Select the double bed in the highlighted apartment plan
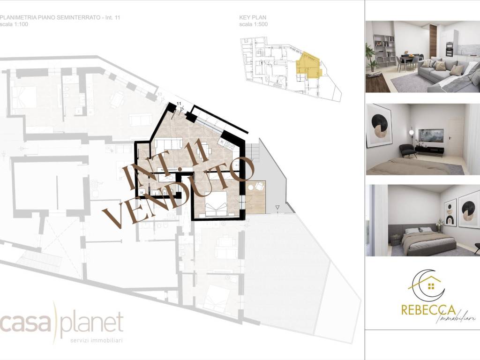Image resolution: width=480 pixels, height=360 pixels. pyautogui.click(x=216, y=207)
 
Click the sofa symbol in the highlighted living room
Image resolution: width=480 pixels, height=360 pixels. pyautogui.click(x=172, y=143)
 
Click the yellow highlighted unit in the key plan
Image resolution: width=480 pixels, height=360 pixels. pyautogui.click(x=307, y=65)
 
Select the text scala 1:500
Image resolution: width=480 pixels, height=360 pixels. pyautogui.click(x=254, y=24)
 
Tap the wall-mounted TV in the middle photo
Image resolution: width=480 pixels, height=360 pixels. pyautogui.click(x=430, y=135)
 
